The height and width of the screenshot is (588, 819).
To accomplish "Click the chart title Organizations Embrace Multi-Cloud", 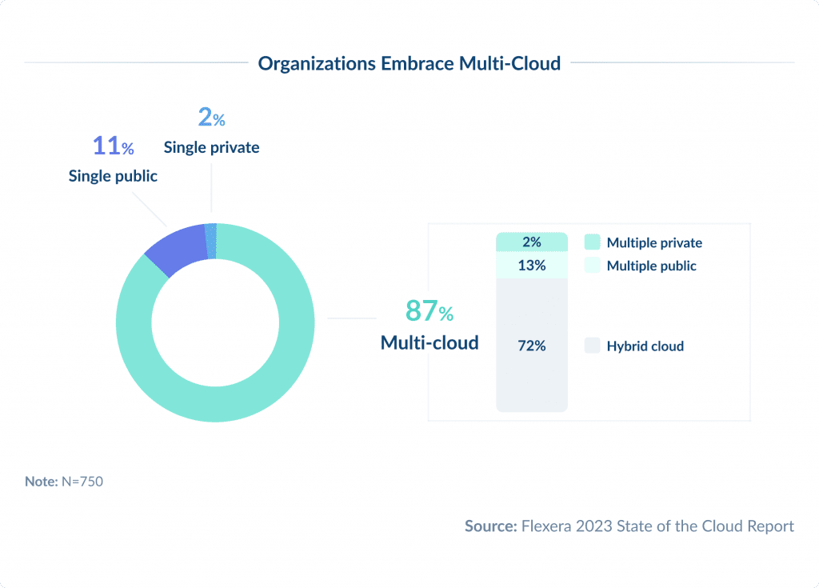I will pyautogui.click(x=409, y=64).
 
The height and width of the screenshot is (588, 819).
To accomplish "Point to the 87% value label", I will pyautogui.click(x=429, y=310).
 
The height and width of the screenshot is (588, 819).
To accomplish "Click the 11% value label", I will pyautogui.click(x=113, y=146).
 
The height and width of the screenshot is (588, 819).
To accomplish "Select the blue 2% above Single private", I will pyautogui.click(x=211, y=118).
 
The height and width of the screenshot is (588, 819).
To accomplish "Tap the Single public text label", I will pyautogui.click(x=113, y=176).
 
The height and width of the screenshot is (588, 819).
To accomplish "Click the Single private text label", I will pyautogui.click(x=211, y=147).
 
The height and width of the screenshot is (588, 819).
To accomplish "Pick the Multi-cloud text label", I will pyautogui.click(x=429, y=342).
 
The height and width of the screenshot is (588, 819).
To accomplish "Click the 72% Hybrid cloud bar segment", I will pyautogui.click(x=531, y=346).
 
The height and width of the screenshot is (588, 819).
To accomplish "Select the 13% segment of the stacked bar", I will pyautogui.click(x=531, y=266).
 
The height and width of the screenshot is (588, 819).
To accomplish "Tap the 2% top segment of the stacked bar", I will pyautogui.click(x=531, y=242).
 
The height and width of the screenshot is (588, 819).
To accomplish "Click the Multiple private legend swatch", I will pyautogui.click(x=592, y=242).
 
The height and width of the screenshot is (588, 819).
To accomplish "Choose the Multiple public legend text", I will pyautogui.click(x=651, y=266).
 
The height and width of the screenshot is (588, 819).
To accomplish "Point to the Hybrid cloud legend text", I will pyautogui.click(x=645, y=346).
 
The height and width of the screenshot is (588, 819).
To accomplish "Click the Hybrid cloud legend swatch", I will pyautogui.click(x=592, y=346).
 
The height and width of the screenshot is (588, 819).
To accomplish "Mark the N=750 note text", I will pyautogui.click(x=82, y=482).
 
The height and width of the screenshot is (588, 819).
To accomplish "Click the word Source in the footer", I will pyautogui.click(x=490, y=526).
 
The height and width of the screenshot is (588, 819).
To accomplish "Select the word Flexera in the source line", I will pyautogui.click(x=548, y=526).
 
